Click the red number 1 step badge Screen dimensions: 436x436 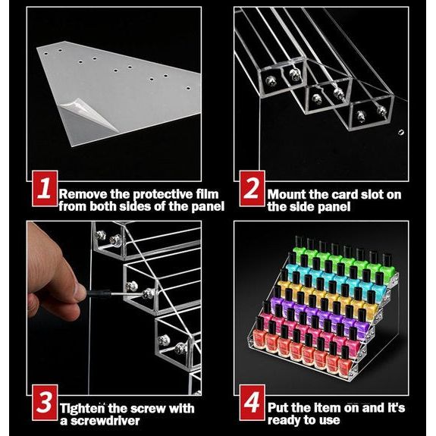[x=45, y=189]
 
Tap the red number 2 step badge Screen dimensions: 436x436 [x=252, y=189]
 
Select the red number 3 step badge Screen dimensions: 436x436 [x=45, y=403]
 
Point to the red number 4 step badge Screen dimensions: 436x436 [x=252, y=403]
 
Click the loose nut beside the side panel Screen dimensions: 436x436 [x=401, y=133]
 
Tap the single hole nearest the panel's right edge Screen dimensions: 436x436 [x=188, y=89]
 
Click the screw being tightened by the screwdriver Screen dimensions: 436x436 [x=147, y=293]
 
